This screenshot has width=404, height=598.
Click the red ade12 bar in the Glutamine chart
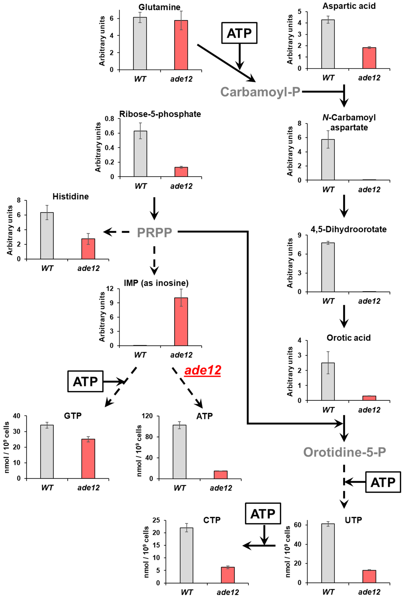coord(181,45)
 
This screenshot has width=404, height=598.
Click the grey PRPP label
coord(154,232)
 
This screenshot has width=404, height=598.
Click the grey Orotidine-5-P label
coord(344,452)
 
